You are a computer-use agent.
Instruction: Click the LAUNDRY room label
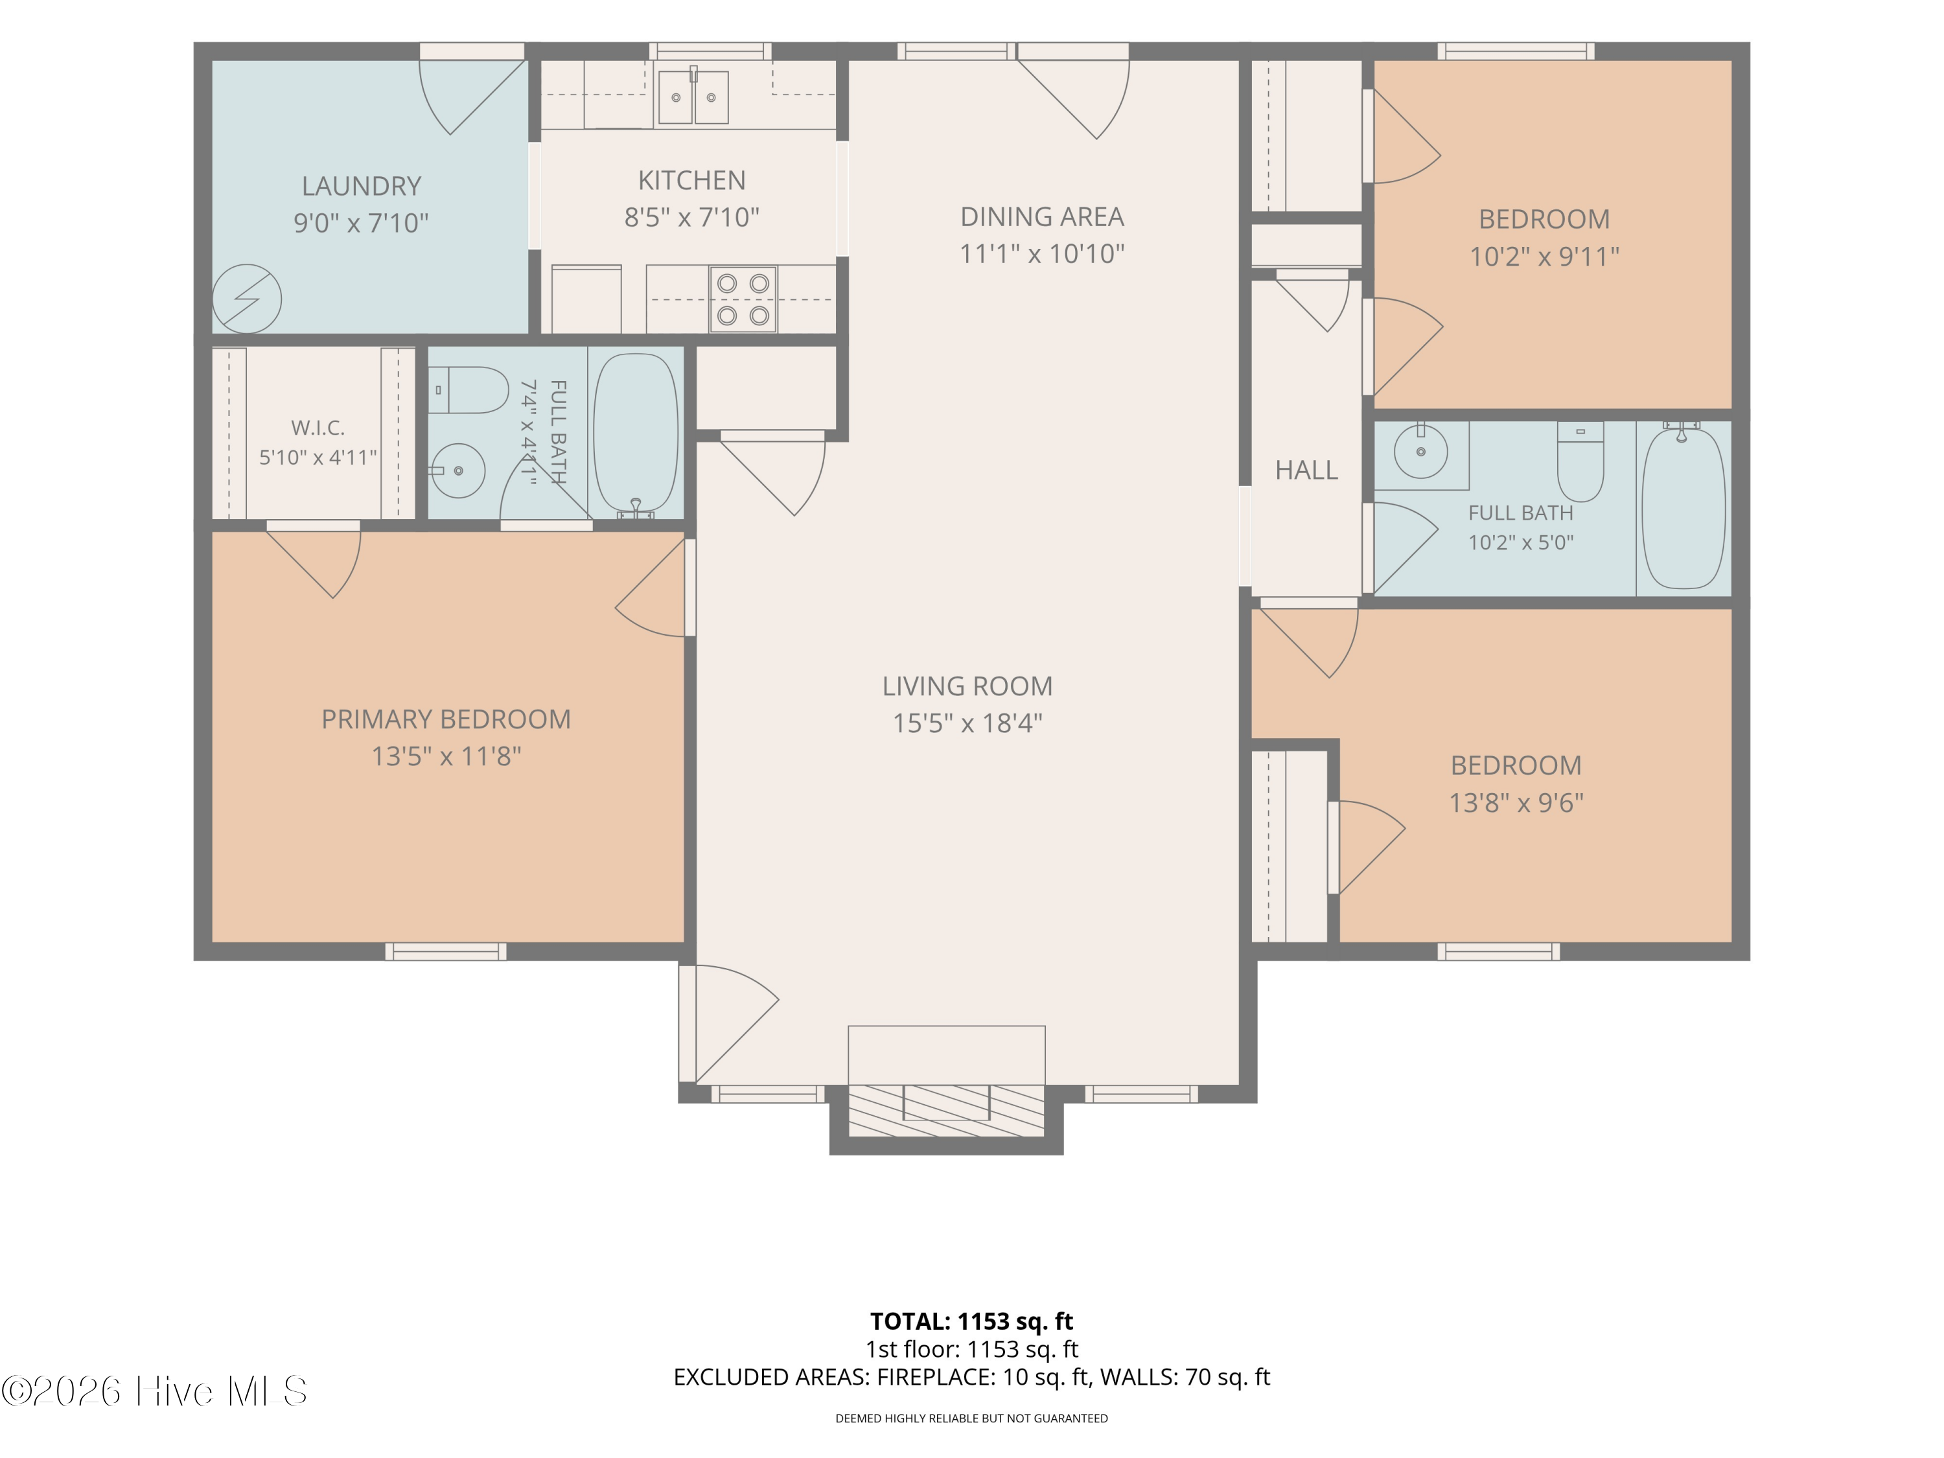tap(361, 187)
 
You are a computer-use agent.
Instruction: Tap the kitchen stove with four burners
tap(743, 299)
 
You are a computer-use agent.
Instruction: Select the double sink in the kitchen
tap(693, 97)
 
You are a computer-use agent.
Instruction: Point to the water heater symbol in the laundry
tap(247, 299)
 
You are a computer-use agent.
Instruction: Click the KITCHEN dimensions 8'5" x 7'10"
tap(691, 217)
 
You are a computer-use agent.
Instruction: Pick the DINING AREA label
tap(1041, 216)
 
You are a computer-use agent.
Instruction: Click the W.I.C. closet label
tap(318, 428)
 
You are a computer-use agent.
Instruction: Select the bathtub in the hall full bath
tap(1683, 508)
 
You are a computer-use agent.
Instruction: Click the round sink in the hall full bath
tap(1420, 452)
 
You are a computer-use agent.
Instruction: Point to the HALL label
tap(1307, 470)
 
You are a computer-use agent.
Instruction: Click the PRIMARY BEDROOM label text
tap(446, 720)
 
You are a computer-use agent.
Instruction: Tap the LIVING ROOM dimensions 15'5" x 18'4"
tap(967, 723)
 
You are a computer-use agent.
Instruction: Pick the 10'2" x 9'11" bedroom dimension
tap(1544, 257)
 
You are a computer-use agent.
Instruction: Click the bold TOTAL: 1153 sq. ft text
tap(971, 1321)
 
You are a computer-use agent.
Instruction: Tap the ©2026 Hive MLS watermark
tap(155, 1391)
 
